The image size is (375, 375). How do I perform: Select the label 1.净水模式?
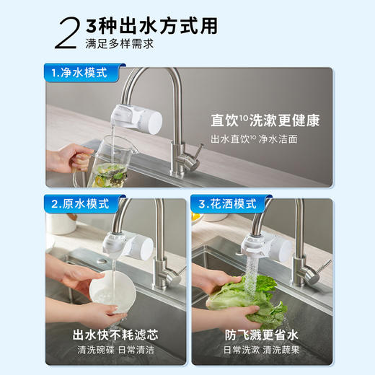[x=79, y=73]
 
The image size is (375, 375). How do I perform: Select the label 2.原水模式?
[x=79, y=204]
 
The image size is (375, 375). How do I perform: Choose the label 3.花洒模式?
[x=226, y=204]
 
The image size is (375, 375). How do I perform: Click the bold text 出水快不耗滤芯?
[x=115, y=335]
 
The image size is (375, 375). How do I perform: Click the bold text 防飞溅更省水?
[x=261, y=335]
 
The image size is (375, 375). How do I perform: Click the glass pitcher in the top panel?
[x=107, y=159]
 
